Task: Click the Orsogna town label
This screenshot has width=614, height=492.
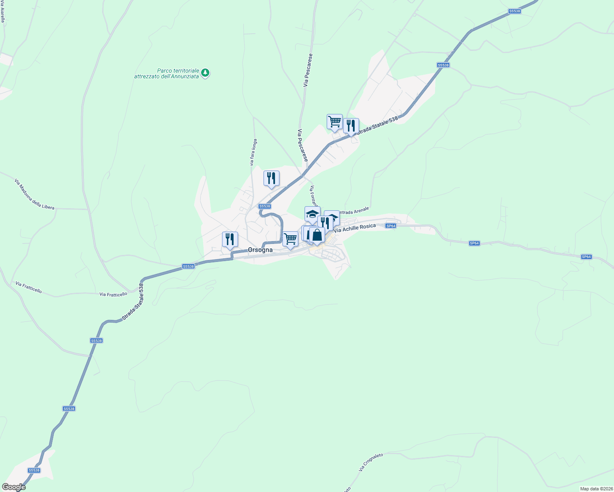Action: coord(260,250)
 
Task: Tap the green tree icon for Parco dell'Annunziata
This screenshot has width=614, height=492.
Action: coord(206,73)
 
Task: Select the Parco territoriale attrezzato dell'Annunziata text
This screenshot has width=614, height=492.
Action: coord(167,73)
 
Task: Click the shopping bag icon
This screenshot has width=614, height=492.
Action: coord(317,235)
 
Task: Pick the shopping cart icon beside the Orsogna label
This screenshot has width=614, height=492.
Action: coord(290,239)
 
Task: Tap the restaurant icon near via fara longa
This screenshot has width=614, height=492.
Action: coord(271,178)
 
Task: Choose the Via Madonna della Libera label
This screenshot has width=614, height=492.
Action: coord(34,194)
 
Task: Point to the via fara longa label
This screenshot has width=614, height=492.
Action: coord(254,152)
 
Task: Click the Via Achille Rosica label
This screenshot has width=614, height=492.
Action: coord(355,228)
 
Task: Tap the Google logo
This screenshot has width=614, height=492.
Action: coord(14,487)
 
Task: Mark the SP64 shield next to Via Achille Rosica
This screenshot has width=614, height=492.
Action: coord(391,225)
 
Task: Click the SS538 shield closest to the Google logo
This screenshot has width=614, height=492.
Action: coord(34,470)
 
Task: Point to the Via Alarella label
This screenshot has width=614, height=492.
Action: coord(2,11)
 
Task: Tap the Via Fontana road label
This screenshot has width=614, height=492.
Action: coord(314,196)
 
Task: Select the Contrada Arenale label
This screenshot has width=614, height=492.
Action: coord(353,210)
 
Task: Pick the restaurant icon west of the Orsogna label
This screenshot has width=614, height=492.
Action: coord(230,239)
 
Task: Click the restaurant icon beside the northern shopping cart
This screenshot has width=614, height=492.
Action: coord(351,126)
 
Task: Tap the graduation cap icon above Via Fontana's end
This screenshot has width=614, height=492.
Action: coord(312,214)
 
